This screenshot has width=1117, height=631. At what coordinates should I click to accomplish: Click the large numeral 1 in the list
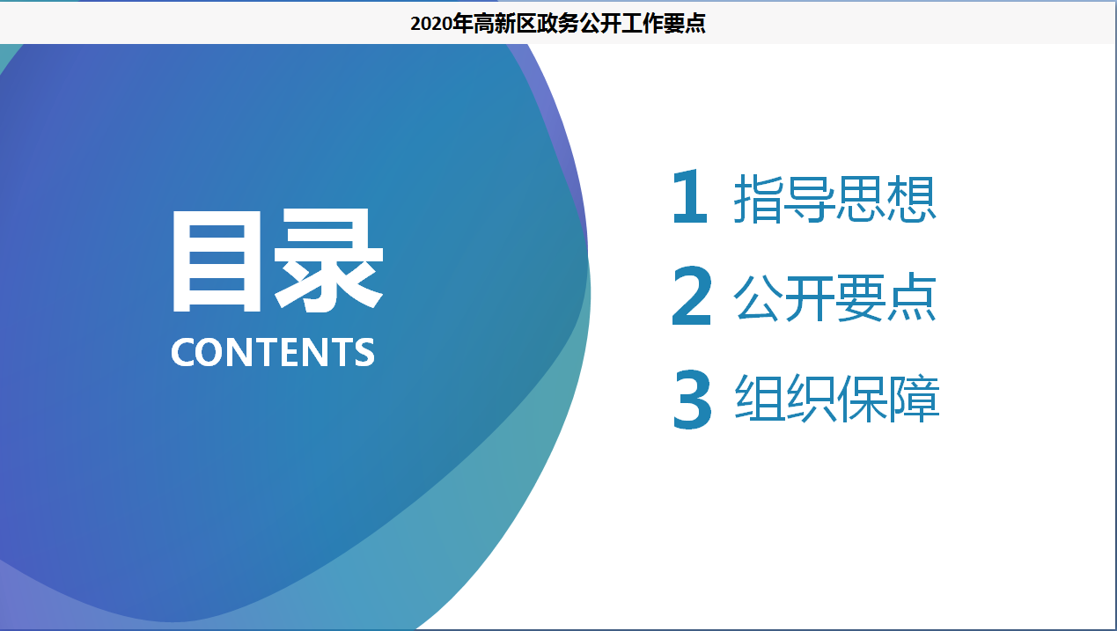(690, 196)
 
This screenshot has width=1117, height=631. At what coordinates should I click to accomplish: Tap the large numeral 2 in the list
(691, 296)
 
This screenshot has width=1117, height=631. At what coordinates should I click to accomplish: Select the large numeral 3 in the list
(692, 400)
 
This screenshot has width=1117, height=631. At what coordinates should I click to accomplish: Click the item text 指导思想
(834, 198)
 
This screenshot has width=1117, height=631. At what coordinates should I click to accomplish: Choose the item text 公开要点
(834, 297)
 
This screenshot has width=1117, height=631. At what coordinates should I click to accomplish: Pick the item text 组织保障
(837, 399)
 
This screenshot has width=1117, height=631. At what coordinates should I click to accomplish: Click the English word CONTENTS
(273, 352)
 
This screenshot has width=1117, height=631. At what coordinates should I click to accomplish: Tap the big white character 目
(217, 261)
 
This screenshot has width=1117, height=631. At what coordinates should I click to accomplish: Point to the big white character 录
(328, 260)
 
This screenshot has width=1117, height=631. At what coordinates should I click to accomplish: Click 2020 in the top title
(431, 24)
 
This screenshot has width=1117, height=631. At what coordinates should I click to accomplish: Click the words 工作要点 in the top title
(664, 24)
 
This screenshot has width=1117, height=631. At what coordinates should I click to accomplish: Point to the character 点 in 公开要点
(912, 297)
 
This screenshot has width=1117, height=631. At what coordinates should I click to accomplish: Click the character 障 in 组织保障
(915, 399)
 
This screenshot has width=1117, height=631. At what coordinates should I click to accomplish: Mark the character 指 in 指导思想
(758, 198)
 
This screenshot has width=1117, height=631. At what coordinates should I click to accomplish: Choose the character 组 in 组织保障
(760, 399)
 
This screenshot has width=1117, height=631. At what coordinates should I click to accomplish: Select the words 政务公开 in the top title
(578, 24)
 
